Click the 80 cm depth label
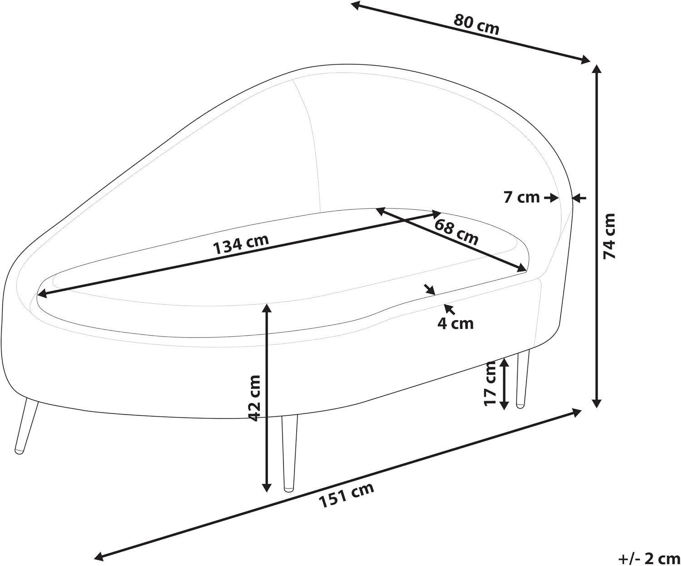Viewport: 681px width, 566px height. (477, 25)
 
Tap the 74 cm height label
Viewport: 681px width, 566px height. (609, 236)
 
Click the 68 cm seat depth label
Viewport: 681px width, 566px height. (456, 232)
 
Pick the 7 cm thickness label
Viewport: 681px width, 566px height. (522, 198)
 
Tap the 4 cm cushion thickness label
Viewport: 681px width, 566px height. (455, 323)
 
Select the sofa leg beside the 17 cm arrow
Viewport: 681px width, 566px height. (523, 379)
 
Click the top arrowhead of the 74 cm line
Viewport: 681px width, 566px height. (597, 70)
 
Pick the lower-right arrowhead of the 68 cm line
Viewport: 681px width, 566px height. (521, 268)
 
